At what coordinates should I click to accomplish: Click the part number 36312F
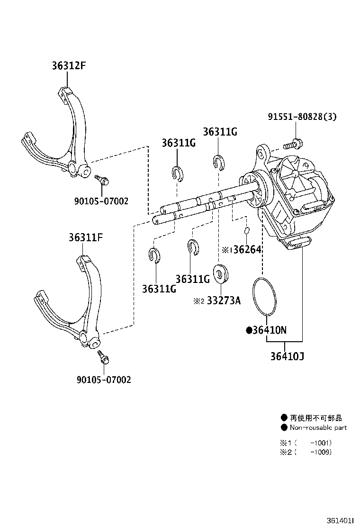(69, 66)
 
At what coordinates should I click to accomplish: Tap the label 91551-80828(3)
(302, 117)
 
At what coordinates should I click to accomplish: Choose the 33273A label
(222, 300)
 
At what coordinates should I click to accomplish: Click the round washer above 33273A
(221, 273)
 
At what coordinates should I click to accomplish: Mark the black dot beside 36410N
(249, 330)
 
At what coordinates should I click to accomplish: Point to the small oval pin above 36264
(247, 231)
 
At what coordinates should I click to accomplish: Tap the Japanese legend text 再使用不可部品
(316, 418)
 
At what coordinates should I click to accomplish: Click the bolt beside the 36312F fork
(102, 180)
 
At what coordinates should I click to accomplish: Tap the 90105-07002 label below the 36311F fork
(103, 379)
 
